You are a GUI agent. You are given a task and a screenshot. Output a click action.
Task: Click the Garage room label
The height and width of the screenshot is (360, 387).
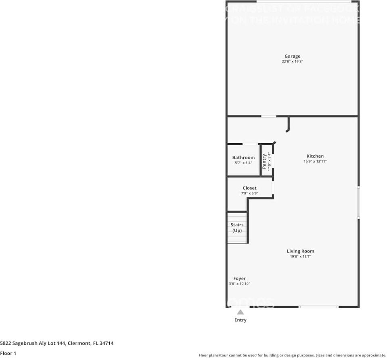click(x=292, y=56)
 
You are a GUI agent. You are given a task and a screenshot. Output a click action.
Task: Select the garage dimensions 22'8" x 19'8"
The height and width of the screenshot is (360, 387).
click(x=292, y=62)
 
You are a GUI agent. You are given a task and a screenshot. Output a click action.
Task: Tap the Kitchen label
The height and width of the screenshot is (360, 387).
click(x=315, y=156)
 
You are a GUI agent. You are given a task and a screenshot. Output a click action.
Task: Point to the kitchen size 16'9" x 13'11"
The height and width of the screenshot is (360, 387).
click(x=315, y=161)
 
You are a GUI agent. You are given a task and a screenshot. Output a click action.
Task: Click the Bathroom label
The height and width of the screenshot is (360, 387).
click(x=243, y=158)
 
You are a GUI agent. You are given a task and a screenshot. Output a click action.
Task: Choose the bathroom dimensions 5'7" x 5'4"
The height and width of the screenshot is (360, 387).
click(x=243, y=163)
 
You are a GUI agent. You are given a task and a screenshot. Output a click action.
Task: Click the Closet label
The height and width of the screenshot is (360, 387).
click(x=249, y=188)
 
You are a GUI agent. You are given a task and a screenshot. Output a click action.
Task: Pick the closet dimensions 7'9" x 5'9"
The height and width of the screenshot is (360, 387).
click(x=249, y=193)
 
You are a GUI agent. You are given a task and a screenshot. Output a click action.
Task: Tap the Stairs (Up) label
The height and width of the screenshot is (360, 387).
click(x=237, y=227)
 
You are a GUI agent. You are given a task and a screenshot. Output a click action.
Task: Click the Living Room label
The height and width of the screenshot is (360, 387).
click(x=300, y=251)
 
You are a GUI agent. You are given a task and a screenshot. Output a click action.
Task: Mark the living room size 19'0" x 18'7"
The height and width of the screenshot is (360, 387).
click(x=300, y=256)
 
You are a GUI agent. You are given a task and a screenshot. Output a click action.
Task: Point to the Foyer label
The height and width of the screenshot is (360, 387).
click(x=239, y=279)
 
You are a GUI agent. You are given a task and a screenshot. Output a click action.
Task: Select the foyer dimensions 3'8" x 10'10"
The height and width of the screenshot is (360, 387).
click(x=239, y=284)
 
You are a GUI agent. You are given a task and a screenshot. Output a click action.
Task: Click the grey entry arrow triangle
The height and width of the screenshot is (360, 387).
click(x=241, y=312)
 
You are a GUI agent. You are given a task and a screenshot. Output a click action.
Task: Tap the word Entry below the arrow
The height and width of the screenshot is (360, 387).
click(x=241, y=320)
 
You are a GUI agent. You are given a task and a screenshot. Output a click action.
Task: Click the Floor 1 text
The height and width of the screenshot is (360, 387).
click(x=8, y=353)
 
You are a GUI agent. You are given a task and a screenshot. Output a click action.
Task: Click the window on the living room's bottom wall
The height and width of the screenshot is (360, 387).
click(x=319, y=307)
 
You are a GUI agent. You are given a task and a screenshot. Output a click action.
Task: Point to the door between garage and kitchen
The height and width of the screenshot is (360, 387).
click(x=269, y=117)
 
